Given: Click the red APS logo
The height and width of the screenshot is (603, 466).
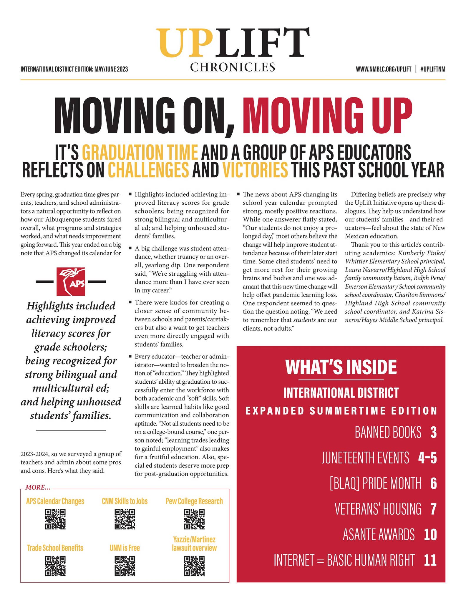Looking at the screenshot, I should point(71,281).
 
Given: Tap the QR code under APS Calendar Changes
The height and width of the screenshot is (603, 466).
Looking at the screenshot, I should point(55,519).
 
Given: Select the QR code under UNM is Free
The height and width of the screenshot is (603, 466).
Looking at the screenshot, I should point(125,566).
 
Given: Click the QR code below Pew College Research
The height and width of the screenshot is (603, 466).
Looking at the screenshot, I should point(194,519).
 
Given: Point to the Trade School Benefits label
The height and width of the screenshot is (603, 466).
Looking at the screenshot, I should point(55,548).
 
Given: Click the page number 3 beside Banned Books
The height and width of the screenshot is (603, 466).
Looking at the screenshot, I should point(433,432).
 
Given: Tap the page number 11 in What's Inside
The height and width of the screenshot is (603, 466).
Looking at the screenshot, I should point(430,560).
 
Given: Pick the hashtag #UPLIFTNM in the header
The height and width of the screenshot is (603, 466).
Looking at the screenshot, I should point(432,69).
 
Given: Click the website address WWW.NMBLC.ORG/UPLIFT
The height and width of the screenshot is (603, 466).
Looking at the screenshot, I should point(383,69).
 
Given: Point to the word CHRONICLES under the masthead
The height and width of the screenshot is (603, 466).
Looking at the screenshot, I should point(233,67).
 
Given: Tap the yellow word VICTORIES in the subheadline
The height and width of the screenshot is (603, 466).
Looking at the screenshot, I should point(255,170).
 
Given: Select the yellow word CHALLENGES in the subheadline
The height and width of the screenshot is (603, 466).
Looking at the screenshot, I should point(148,170).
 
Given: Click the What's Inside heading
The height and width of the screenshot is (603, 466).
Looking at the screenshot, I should point(341,367).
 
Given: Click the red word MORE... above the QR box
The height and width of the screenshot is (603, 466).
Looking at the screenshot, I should point(38,488).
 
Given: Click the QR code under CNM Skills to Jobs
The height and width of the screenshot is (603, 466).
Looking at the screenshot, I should point(125,519).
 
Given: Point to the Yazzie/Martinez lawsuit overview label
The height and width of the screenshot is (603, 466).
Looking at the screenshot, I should point(194,544).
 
